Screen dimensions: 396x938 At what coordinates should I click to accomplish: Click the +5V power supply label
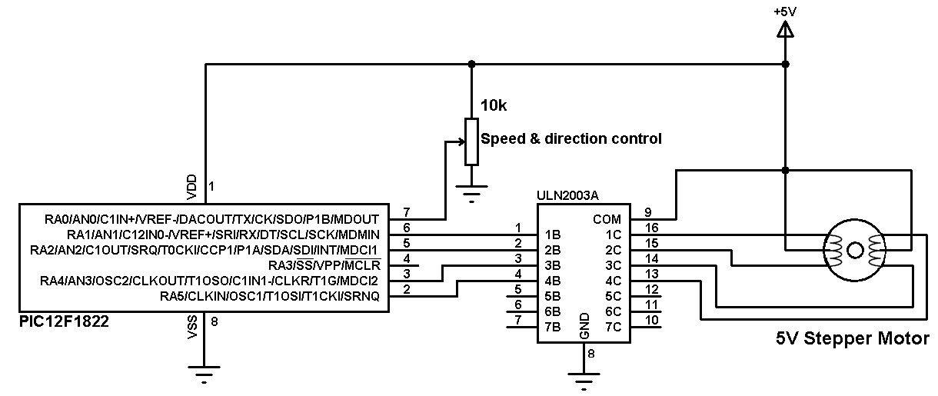tap(785, 11)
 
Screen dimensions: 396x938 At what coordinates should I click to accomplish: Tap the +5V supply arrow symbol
tap(785, 30)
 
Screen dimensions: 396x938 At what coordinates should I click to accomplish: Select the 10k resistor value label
tap(494, 105)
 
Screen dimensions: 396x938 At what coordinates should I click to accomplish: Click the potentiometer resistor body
tap(471, 141)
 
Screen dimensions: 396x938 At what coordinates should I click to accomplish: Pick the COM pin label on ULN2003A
tap(607, 219)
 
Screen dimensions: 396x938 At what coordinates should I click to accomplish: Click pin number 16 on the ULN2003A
tap(652, 228)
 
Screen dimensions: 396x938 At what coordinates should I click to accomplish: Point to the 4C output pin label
tap(612, 281)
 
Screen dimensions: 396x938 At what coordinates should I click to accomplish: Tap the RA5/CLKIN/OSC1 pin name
tap(269, 296)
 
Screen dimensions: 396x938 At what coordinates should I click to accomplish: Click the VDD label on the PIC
tap(192, 186)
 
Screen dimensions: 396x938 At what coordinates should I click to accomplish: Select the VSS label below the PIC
tap(192, 328)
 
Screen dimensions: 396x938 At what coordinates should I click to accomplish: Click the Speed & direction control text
tap(570, 139)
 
